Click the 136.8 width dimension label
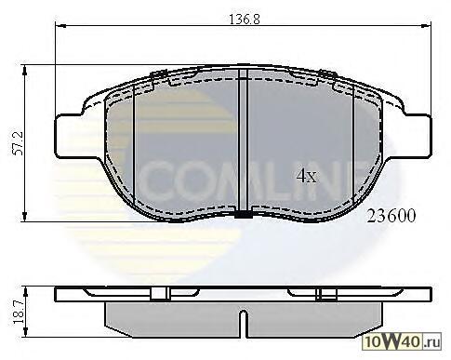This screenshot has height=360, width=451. coord(245,19)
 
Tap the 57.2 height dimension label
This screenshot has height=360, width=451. coord(18,143)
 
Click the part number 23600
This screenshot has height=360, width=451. coord(391,216)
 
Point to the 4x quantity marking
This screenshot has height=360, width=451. coord(307,176)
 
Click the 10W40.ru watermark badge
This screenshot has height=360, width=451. coord(402,342)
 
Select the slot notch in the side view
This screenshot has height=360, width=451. coord(244,324)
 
